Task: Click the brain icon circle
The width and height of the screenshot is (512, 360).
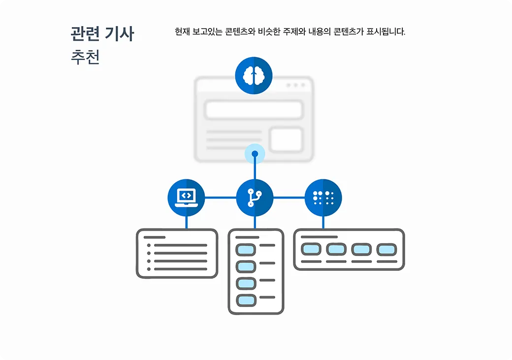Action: (x=254, y=75)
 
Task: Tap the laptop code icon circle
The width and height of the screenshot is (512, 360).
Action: (x=186, y=197)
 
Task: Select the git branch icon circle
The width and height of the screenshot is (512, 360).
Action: (x=255, y=197)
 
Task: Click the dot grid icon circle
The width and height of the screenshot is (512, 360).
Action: (x=323, y=197)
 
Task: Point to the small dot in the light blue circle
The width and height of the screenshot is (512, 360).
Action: (x=255, y=154)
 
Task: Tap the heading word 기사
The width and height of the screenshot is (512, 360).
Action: (x=120, y=34)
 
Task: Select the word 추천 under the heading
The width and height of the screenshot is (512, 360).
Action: (x=85, y=57)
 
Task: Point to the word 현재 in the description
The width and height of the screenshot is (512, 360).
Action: (x=182, y=32)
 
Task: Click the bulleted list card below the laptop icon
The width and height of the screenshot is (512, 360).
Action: (x=177, y=253)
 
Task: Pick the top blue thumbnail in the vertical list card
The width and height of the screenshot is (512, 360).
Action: (x=246, y=250)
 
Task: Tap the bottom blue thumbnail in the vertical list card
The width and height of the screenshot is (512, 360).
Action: (x=246, y=300)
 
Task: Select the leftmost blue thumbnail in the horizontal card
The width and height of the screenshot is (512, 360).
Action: (x=311, y=249)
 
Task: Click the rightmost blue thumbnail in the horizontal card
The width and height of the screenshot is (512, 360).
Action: (x=386, y=249)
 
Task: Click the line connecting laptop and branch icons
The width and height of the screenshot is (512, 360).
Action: (x=220, y=197)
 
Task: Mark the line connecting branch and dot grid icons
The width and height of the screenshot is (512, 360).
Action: (x=288, y=197)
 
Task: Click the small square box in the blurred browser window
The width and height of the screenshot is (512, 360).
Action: (x=286, y=139)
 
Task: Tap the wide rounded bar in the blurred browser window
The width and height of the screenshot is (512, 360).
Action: (x=254, y=110)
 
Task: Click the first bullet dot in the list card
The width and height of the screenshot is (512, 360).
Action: (x=149, y=245)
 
